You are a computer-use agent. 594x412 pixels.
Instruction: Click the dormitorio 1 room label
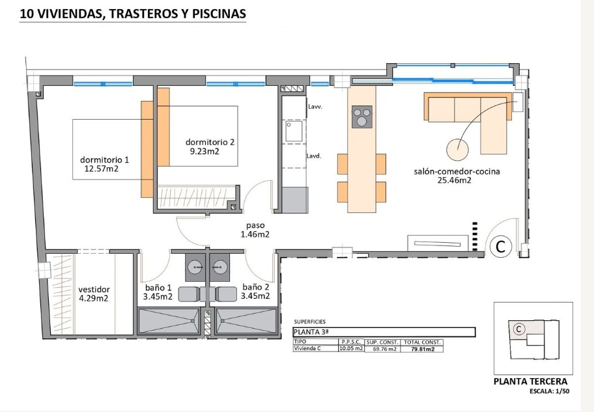click(105, 160)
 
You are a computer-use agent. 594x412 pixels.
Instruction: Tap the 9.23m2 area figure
click(205, 152)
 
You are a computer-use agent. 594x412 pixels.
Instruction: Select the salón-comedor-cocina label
click(457, 172)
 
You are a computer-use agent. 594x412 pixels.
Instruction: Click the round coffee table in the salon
click(458, 149)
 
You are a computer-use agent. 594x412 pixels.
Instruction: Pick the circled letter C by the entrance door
click(501, 247)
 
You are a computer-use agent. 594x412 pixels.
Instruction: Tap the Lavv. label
click(315, 107)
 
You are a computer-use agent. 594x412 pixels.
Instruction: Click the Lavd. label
click(314, 156)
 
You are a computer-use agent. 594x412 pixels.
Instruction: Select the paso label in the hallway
click(255, 226)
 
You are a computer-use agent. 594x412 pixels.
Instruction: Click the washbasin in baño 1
click(196, 268)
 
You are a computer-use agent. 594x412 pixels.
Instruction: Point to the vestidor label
click(94, 290)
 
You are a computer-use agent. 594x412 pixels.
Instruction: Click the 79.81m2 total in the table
click(423, 349)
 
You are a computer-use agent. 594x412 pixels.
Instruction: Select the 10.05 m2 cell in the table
click(351, 348)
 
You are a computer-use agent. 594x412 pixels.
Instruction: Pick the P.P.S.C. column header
click(351, 342)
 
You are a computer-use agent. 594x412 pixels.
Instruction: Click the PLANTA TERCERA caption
click(530, 381)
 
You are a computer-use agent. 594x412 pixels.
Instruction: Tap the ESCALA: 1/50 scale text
click(549, 391)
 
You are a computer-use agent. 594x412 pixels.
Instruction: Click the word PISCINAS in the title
click(219, 14)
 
